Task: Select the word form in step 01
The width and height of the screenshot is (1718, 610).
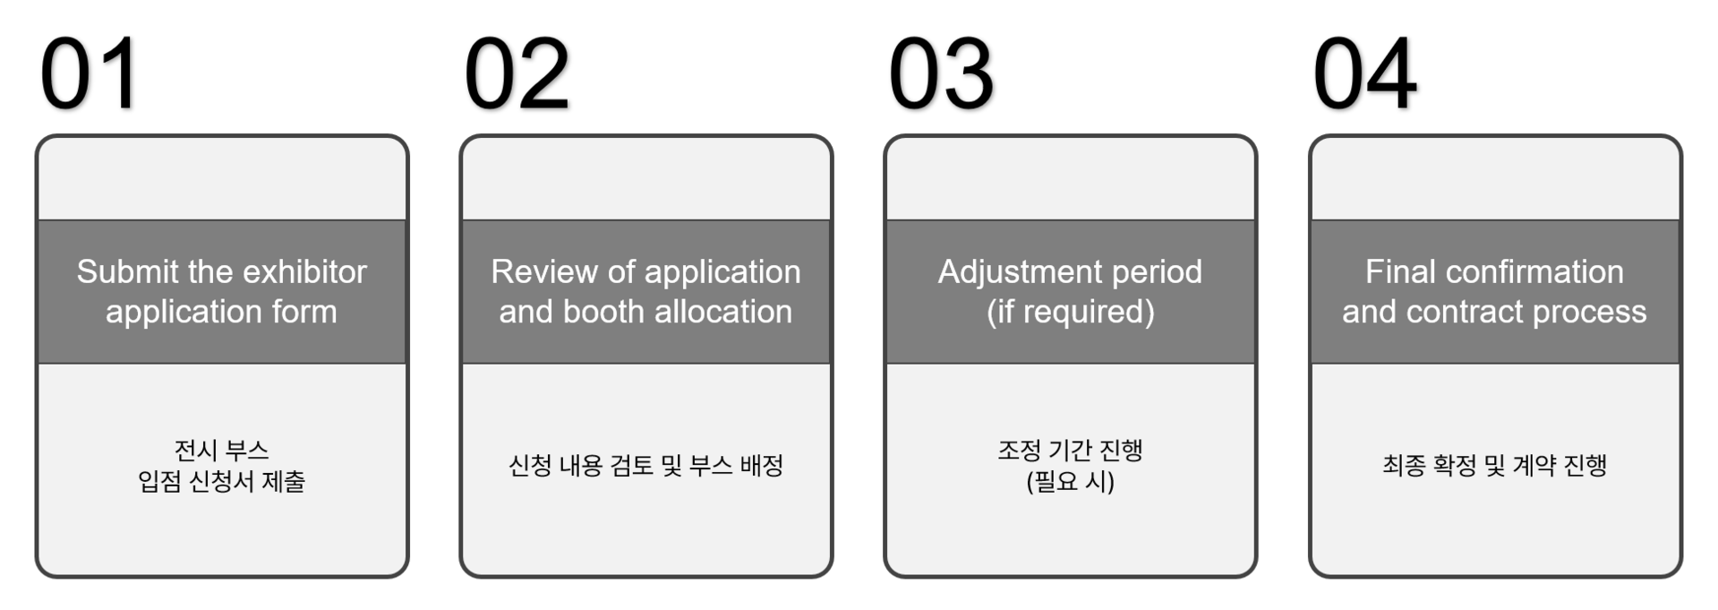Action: [x=306, y=312]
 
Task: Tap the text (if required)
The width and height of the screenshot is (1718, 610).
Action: [x=1070, y=312]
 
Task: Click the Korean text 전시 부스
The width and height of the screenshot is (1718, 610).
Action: [x=221, y=450]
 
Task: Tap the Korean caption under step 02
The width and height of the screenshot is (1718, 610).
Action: [x=645, y=466]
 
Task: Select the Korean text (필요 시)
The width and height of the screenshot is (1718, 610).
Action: [x=1070, y=482]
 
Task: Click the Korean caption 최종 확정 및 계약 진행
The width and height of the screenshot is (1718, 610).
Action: [x=1494, y=466]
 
